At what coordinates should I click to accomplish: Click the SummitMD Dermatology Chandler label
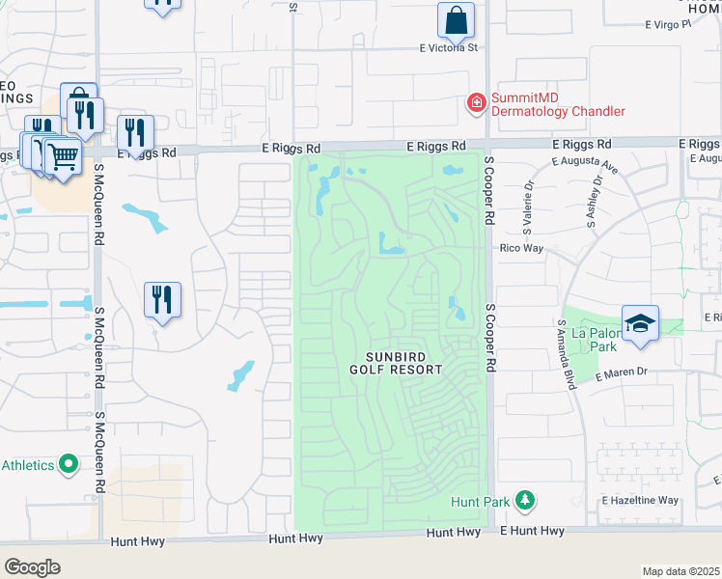tap(558, 104)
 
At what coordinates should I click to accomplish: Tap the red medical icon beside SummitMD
tap(476, 102)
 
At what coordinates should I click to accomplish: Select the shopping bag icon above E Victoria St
tap(456, 19)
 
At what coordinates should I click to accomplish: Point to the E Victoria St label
tap(448, 47)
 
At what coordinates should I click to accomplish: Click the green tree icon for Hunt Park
tap(524, 500)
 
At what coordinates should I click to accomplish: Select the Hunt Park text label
tap(478, 502)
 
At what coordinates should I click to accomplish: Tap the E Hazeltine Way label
tap(640, 501)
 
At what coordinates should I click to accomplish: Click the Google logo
tap(32, 566)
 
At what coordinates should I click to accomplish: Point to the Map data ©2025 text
tap(680, 571)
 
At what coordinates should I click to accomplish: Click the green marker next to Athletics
tap(69, 465)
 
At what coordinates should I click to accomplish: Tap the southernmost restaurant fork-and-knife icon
tap(162, 299)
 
